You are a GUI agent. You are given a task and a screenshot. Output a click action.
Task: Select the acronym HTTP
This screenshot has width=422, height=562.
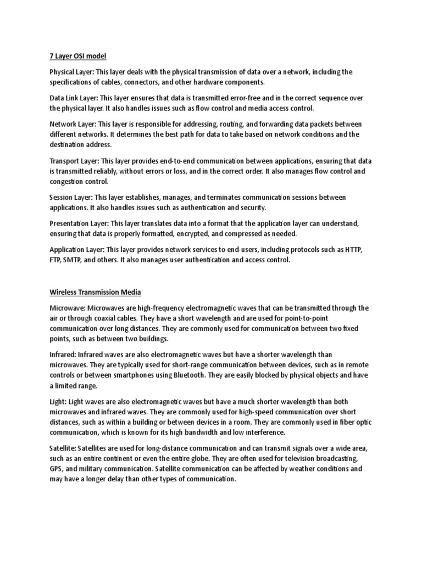click(x=352, y=250)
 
